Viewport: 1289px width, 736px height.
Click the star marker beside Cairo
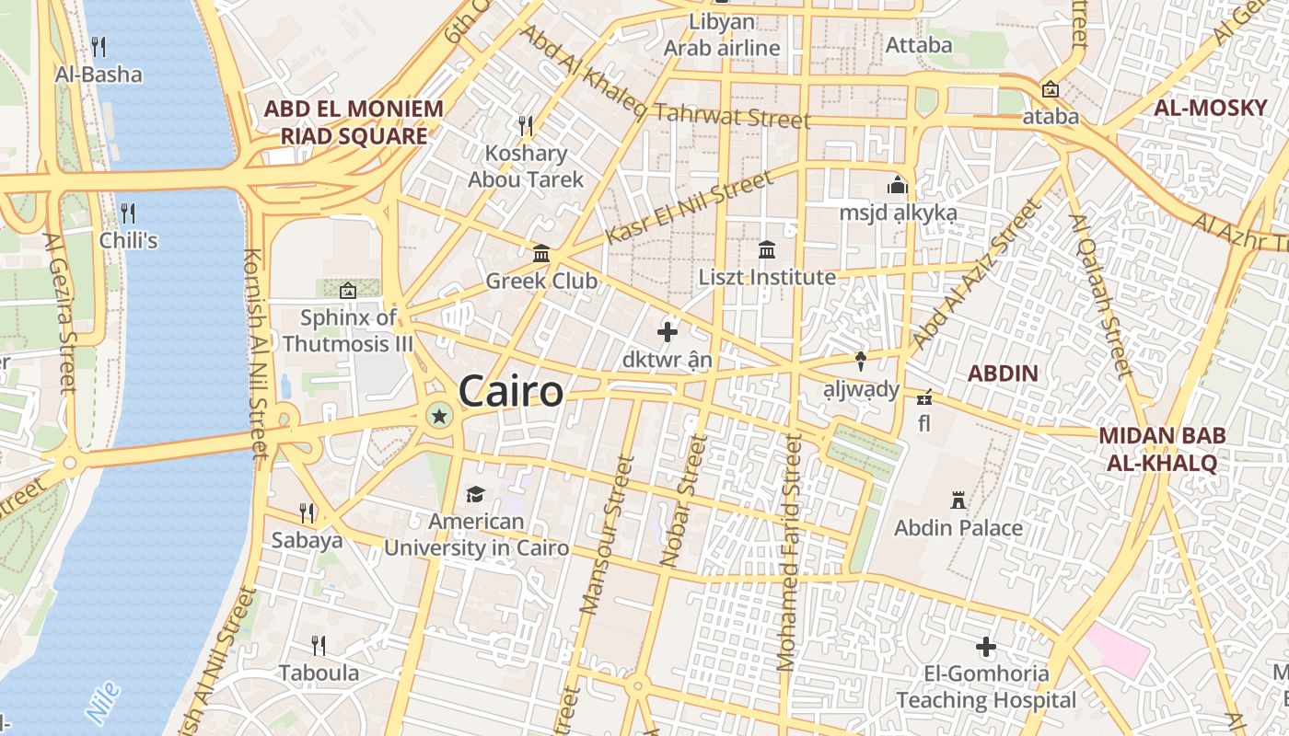click(x=439, y=417)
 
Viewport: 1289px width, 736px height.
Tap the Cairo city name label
click(x=510, y=392)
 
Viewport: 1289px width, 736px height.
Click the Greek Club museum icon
click(x=541, y=253)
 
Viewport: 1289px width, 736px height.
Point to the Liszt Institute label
click(x=767, y=277)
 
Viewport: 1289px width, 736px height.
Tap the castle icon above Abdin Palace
click(x=958, y=500)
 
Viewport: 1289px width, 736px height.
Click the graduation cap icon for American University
click(x=475, y=495)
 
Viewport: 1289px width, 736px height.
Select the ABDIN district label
click(x=1003, y=374)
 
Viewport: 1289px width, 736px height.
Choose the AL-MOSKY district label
click(x=1211, y=108)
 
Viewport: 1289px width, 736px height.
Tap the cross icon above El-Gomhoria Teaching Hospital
click(x=986, y=647)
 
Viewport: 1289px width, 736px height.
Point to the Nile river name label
click(x=102, y=701)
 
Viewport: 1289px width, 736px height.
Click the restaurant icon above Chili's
click(x=128, y=213)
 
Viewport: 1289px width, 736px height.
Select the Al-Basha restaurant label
click(x=99, y=75)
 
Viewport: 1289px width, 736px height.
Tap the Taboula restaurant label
click(x=319, y=673)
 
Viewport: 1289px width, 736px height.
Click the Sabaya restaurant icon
click(x=307, y=512)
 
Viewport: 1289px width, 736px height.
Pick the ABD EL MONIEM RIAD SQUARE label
click(x=354, y=122)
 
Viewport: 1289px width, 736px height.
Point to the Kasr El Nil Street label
click(x=689, y=208)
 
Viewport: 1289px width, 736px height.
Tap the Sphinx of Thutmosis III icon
click(x=347, y=291)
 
